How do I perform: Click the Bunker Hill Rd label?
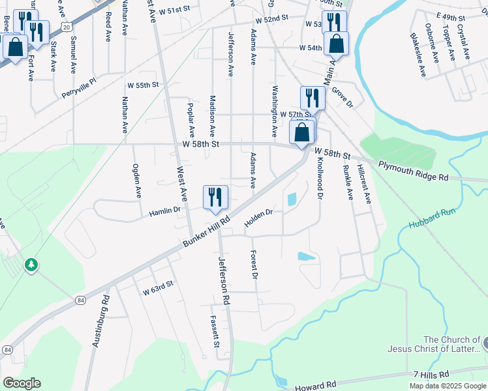[x=207, y=232]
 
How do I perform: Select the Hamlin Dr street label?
[x=164, y=211]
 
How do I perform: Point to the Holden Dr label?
[x=258, y=218]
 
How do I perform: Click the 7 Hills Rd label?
[x=431, y=375]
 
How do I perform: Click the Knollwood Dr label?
[x=320, y=177]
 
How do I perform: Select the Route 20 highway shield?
[x=66, y=23]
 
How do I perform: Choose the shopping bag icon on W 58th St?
[x=302, y=133]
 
